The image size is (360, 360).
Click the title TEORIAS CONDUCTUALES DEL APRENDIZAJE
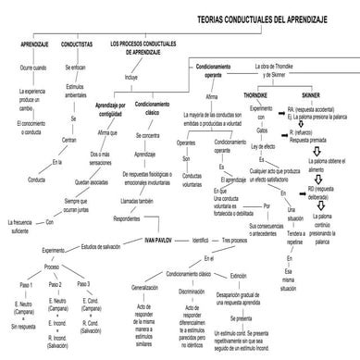pos(269,19)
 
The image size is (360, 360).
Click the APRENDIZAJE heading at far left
pos(33,43)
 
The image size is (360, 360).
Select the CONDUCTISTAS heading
pos(76,43)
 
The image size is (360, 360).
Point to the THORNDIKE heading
pos(255,95)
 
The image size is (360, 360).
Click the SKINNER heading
pos(312,95)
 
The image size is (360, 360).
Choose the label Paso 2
pos(56,284)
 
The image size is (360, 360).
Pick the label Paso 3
pos(85,284)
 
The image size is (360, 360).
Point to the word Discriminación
pos(192,292)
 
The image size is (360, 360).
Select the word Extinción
pos(237,275)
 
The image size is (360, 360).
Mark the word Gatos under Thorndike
pos(249,130)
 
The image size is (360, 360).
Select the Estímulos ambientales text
pos(75,93)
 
